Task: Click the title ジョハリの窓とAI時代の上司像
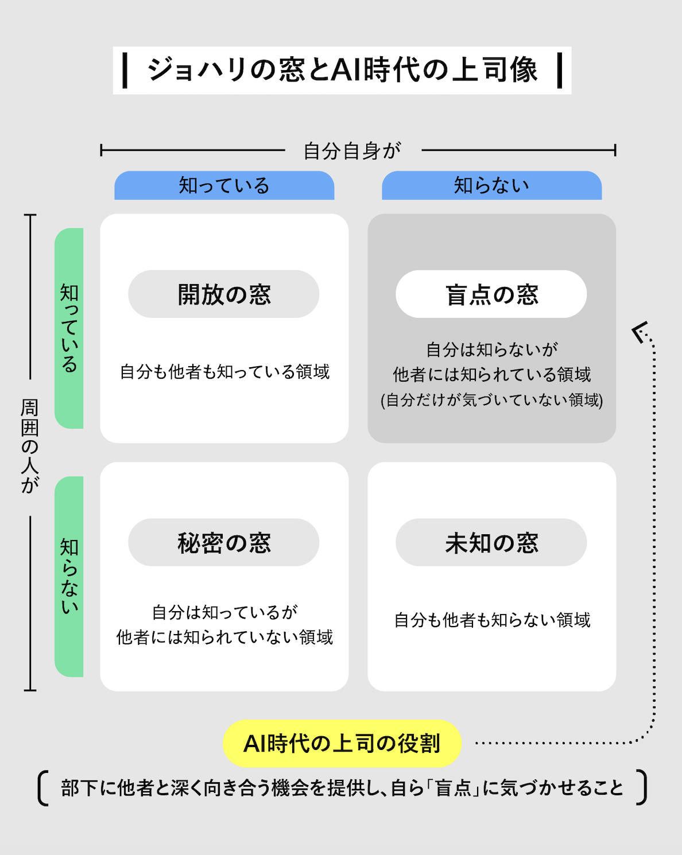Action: [x=342, y=70]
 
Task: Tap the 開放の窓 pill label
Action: [x=224, y=294]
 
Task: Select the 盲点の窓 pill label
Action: [x=491, y=294]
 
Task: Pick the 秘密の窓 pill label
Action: [x=224, y=543]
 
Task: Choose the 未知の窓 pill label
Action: [x=491, y=543]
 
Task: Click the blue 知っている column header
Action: [x=224, y=186]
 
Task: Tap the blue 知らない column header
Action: [x=491, y=186]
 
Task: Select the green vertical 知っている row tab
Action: [x=69, y=328]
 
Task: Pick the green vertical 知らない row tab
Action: [x=69, y=576]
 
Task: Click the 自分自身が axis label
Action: [x=352, y=151]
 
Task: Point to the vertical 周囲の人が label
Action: [x=30, y=446]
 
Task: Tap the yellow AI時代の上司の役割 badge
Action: [x=342, y=744]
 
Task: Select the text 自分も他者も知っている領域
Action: [x=224, y=372]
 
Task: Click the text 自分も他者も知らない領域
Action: [x=492, y=620]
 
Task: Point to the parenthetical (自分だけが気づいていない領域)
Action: [x=492, y=400]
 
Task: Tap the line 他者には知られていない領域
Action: [x=224, y=638]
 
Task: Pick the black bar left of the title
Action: [x=125, y=70]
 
